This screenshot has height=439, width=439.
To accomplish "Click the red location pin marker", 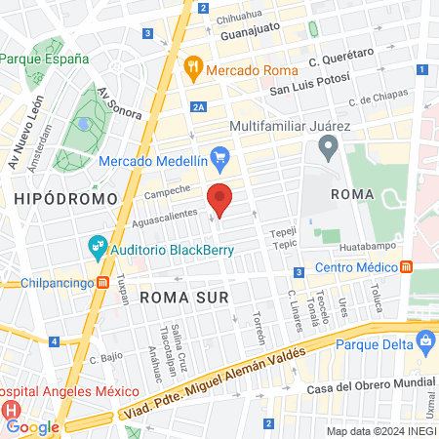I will (x=219, y=200).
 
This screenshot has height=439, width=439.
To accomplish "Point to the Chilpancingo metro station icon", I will (x=102, y=283).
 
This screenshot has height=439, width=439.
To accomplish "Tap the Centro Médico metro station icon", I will (x=406, y=267).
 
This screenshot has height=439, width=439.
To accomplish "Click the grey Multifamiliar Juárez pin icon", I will (x=328, y=149).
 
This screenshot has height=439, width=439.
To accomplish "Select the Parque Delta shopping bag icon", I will (x=424, y=341).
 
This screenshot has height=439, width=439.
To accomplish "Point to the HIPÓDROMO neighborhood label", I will (x=66, y=198).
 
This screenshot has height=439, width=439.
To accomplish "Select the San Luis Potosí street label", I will (x=307, y=90).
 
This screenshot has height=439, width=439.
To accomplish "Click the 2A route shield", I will (x=199, y=108).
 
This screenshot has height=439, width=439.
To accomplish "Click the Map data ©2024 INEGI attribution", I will (x=380, y=431).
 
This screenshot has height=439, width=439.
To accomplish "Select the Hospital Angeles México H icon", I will (x=12, y=408).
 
